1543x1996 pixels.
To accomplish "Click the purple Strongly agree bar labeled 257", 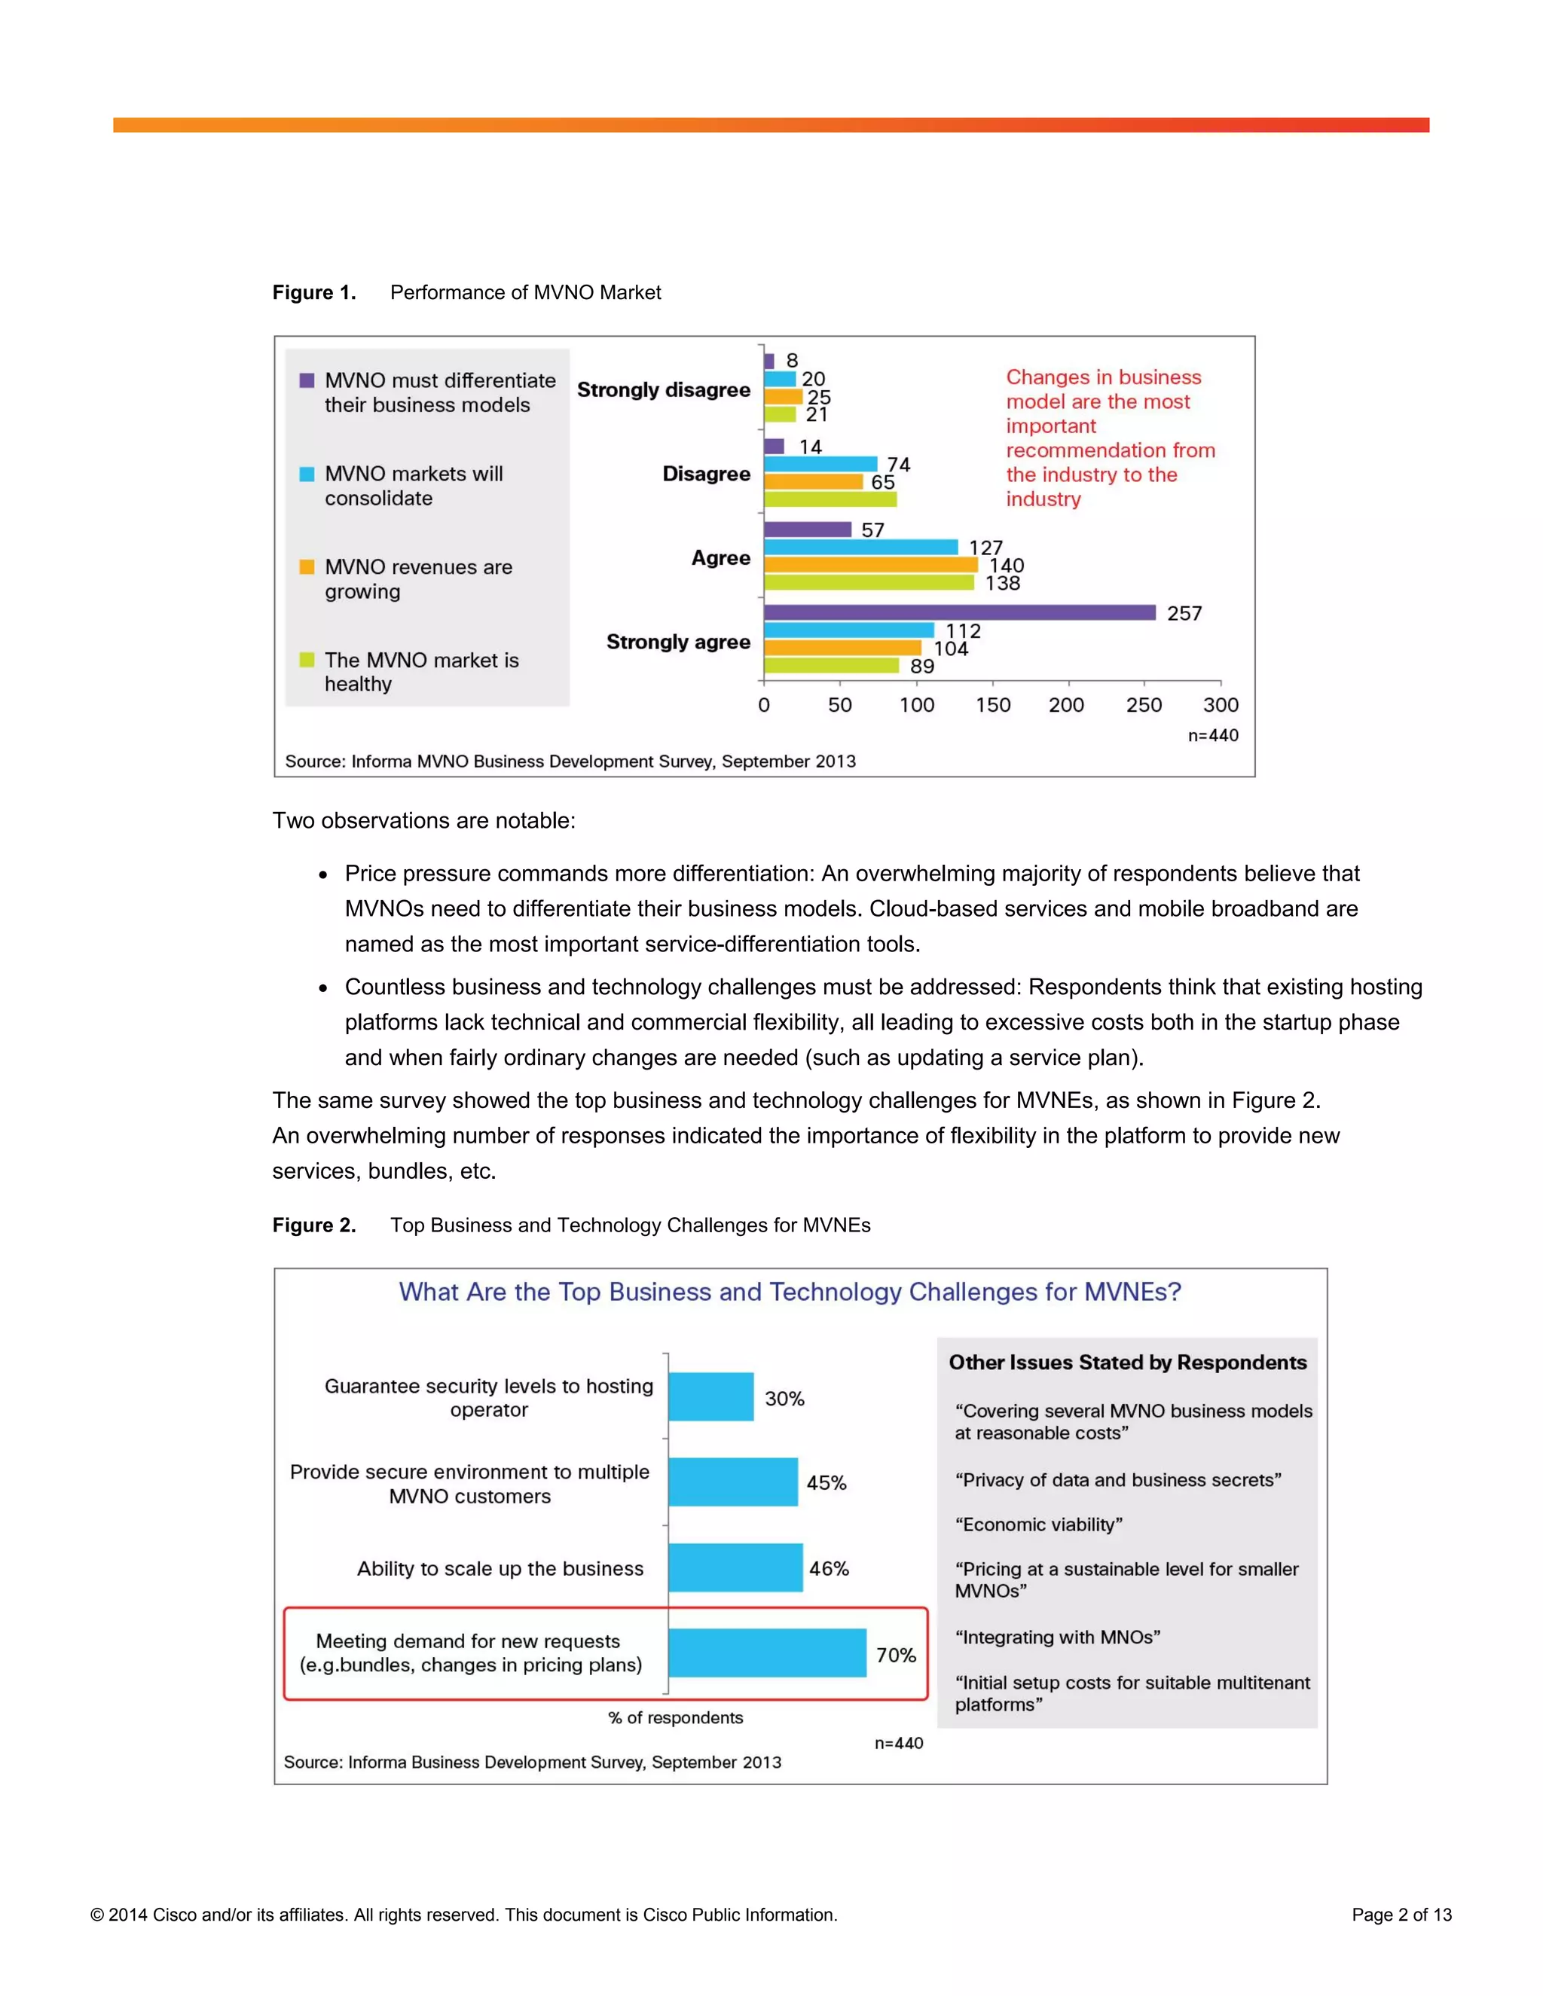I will click(959, 612).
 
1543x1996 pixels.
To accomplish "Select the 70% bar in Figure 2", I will click(767, 1653).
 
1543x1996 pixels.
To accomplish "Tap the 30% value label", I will click(784, 1398).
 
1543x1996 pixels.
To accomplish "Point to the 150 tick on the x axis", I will click(993, 705).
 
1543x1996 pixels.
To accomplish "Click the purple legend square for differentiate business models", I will click(307, 380).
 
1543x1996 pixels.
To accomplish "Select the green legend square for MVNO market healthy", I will click(307, 660).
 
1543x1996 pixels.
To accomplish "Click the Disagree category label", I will click(706, 474).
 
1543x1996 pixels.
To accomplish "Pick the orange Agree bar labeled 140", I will click(870, 565).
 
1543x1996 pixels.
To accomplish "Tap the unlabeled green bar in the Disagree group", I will click(830, 499).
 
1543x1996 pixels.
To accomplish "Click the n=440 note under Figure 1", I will click(1213, 736).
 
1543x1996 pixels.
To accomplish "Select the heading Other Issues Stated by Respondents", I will click(1127, 1362).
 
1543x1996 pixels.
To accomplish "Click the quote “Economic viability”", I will click(1038, 1524).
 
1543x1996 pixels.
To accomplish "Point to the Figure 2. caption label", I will click(313, 1225).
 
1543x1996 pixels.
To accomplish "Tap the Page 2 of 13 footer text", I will click(1401, 1915).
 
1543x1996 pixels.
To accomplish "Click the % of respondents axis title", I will click(676, 1717).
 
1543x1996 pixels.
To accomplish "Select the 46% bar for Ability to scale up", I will click(735, 1567).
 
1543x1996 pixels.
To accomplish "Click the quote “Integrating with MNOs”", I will click(1058, 1637).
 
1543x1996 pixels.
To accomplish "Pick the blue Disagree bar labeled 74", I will click(820, 464).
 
